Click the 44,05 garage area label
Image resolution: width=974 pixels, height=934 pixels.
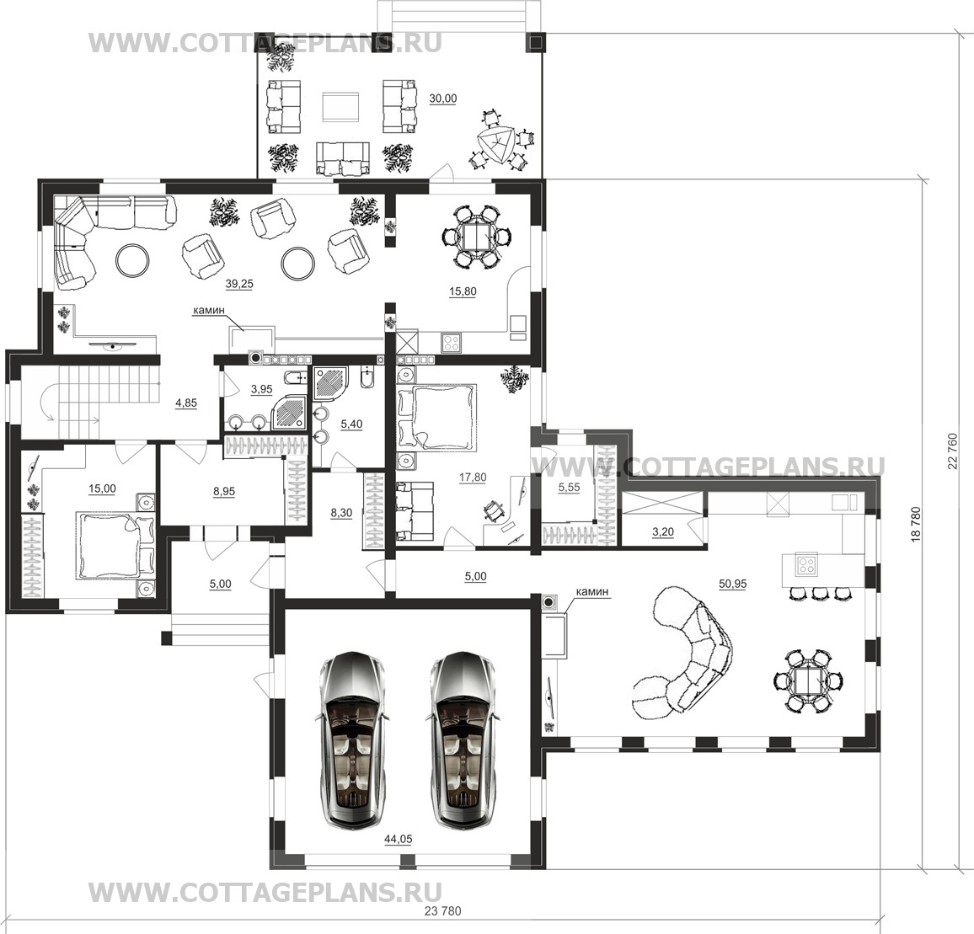click(x=399, y=839)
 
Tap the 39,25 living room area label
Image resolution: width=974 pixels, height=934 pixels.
click(x=239, y=283)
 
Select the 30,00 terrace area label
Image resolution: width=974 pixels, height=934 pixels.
click(x=443, y=99)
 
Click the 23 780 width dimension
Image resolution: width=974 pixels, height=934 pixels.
click(x=443, y=911)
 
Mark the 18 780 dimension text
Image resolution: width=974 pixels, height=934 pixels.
click(x=915, y=526)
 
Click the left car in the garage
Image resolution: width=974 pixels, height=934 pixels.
click(x=352, y=739)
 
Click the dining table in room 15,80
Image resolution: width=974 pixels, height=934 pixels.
click(x=477, y=237)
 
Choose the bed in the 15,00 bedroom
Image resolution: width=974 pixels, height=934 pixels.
click(x=115, y=545)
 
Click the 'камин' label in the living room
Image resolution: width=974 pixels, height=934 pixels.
click(x=209, y=309)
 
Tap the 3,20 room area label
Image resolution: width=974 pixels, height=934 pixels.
click(x=663, y=531)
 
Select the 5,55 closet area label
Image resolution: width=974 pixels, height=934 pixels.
click(x=569, y=488)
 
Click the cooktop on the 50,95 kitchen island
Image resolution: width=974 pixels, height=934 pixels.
click(x=806, y=564)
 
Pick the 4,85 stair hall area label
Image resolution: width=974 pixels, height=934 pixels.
click(x=185, y=403)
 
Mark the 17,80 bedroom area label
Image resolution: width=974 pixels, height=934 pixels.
click(x=473, y=477)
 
